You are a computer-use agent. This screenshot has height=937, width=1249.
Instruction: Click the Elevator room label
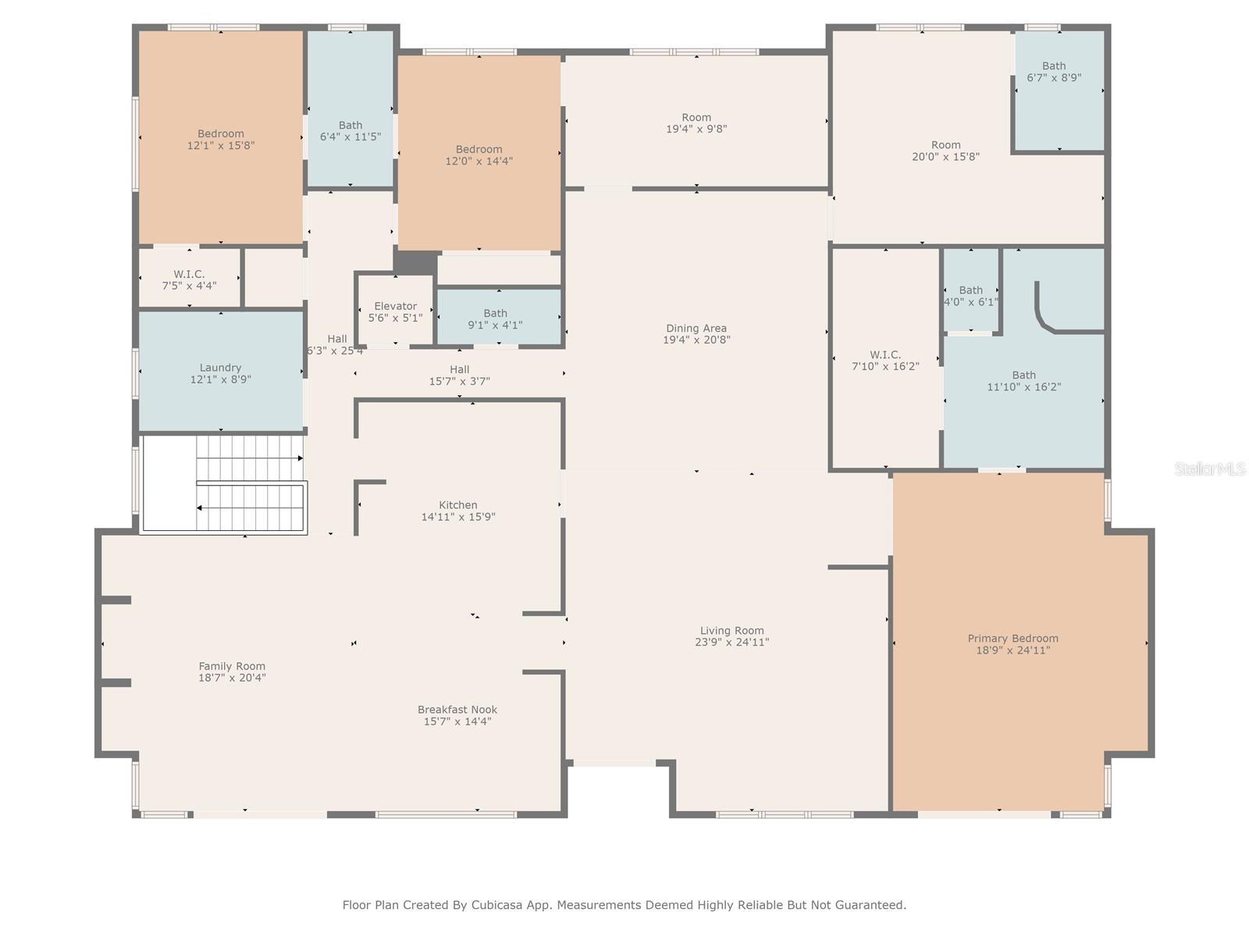coord(395,307)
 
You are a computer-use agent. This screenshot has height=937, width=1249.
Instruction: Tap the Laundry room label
coord(220,368)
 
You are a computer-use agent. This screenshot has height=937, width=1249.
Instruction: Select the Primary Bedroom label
coord(1012,639)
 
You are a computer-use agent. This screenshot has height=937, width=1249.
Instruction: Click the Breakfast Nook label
coord(457,710)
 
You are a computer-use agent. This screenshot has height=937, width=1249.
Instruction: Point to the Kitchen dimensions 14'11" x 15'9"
coord(458,517)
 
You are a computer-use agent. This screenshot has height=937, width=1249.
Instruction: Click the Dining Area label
coord(696,329)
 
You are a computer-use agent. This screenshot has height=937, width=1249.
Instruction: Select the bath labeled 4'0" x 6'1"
coord(970,296)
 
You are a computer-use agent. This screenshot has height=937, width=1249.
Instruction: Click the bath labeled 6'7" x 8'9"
coord(1053,72)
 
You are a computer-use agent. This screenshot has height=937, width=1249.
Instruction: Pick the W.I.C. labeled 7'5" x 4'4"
coord(189,280)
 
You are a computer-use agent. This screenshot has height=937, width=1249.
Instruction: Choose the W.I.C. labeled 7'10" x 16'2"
coord(885,360)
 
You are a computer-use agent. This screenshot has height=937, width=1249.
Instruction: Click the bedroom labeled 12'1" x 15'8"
coord(220,139)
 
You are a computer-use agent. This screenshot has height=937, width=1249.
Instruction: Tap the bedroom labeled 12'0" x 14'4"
coord(479,155)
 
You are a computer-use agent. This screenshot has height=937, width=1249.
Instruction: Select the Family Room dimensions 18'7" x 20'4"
coord(232,678)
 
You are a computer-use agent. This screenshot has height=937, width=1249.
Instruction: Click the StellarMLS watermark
coord(1209,468)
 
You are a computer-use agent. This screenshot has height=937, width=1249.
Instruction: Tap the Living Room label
coord(731,631)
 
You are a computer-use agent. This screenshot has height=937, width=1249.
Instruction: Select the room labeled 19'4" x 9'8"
coord(696,123)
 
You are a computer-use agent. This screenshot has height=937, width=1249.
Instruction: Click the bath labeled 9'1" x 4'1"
coord(495,319)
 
